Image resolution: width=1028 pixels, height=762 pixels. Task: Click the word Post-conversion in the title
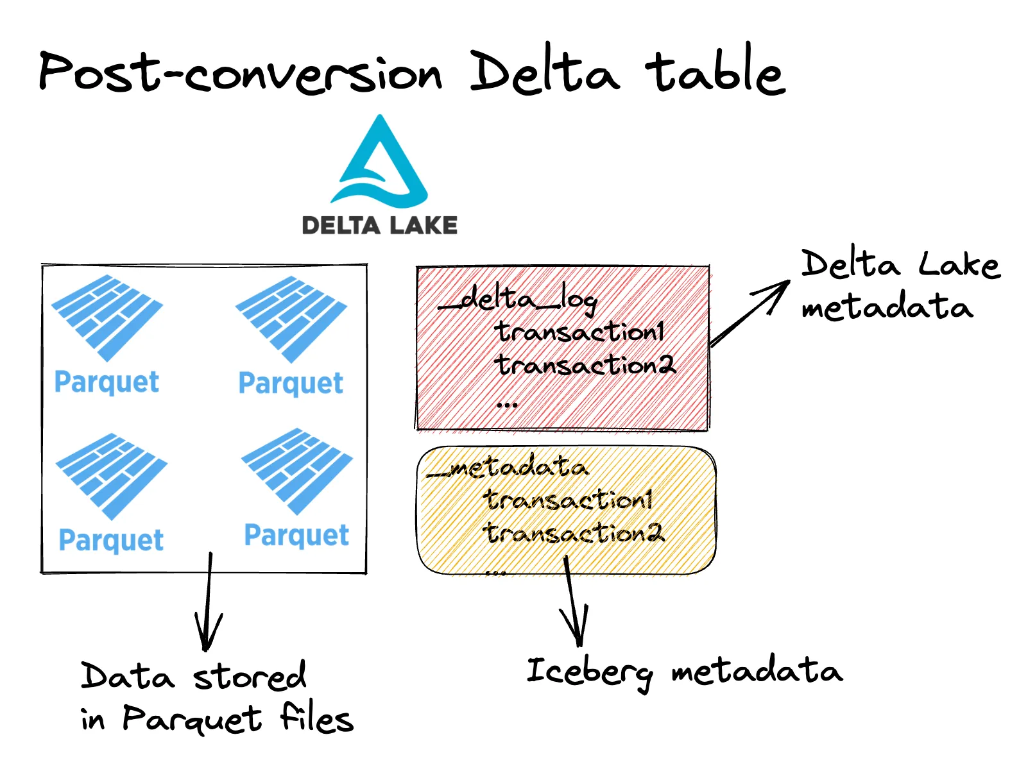click(x=241, y=72)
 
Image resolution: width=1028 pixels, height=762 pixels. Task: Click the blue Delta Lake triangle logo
click(x=379, y=163)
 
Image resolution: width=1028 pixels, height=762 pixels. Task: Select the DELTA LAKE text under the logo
click(x=379, y=225)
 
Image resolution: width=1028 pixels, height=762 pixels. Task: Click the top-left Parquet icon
click(x=107, y=317)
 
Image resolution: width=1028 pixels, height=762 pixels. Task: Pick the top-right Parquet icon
click(x=291, y=319)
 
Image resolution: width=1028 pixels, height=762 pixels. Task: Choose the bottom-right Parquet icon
click(x=297, y=471)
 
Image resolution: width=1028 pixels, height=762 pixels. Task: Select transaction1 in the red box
click(x=579, y=332)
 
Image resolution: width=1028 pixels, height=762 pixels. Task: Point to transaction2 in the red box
click(x=585, y=366)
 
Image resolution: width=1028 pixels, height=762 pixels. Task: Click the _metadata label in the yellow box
click(x=508, y=468)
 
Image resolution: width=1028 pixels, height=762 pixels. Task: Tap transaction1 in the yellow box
click(x=569, y=500)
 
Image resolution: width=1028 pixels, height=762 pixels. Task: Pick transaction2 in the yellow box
click(x=574, y=533)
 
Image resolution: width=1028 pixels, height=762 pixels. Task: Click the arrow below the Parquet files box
click(x=208, y=603)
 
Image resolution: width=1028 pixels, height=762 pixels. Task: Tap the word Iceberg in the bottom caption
click(x=589, y=672)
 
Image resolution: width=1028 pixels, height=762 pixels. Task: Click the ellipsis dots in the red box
click(x=507, y=405)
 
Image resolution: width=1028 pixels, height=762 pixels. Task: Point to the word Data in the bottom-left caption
click(x=127, y=677)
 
